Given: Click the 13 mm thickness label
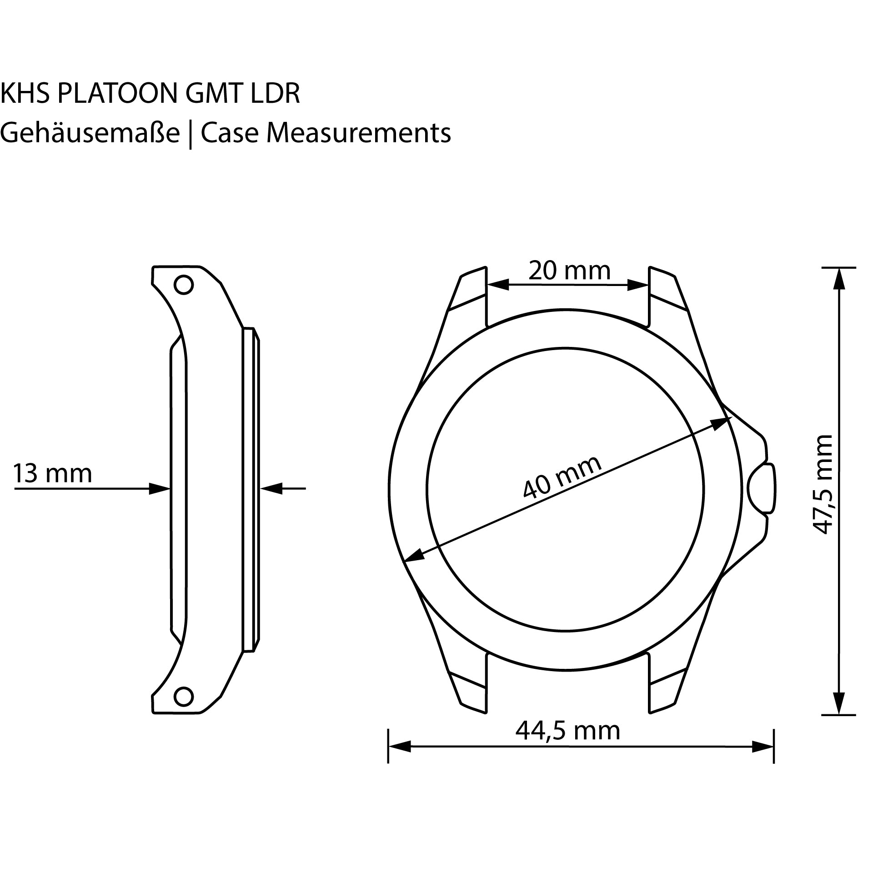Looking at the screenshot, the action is (52, 473).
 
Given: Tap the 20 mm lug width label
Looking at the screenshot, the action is (569, 271).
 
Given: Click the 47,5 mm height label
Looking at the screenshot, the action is (822, 484).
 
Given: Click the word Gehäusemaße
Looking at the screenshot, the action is (90, 134).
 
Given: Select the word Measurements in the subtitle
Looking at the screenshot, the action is (359, 134).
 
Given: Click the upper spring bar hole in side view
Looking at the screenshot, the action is (184, 285).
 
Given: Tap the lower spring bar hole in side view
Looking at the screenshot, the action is (184, 697).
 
